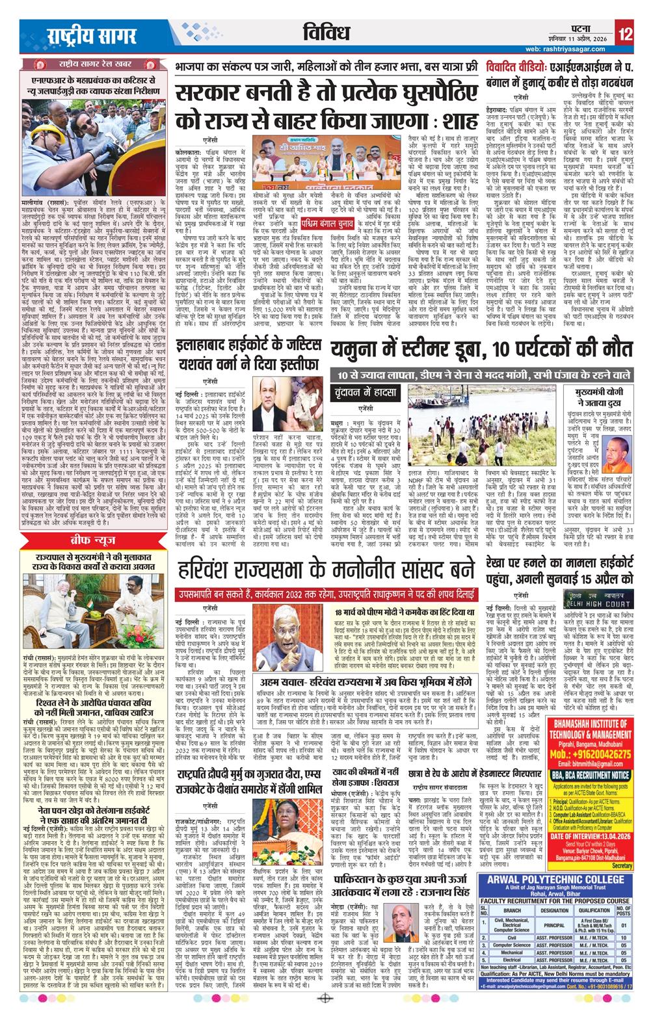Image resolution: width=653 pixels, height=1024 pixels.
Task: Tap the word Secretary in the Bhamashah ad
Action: point(622,866)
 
